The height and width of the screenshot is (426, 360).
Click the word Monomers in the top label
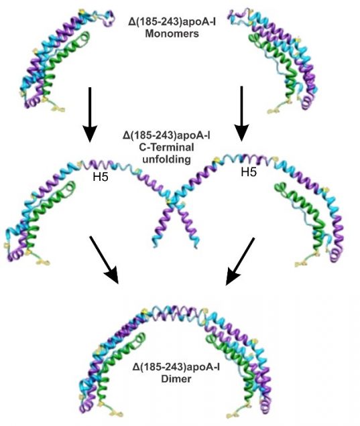point(172,34)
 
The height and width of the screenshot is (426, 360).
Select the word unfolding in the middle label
point(166,159)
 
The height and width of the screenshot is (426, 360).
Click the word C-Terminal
point(166,147)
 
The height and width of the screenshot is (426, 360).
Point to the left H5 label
point(101,177)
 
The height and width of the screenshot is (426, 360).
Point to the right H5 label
point(249,172)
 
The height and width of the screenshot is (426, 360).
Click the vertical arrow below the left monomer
point(90,115)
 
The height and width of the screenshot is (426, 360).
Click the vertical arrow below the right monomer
point(241,114)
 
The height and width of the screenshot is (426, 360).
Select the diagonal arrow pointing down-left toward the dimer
point(240,261)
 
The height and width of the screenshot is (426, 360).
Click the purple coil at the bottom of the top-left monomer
point(32,102)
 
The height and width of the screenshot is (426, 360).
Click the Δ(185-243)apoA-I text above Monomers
point(172,21)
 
